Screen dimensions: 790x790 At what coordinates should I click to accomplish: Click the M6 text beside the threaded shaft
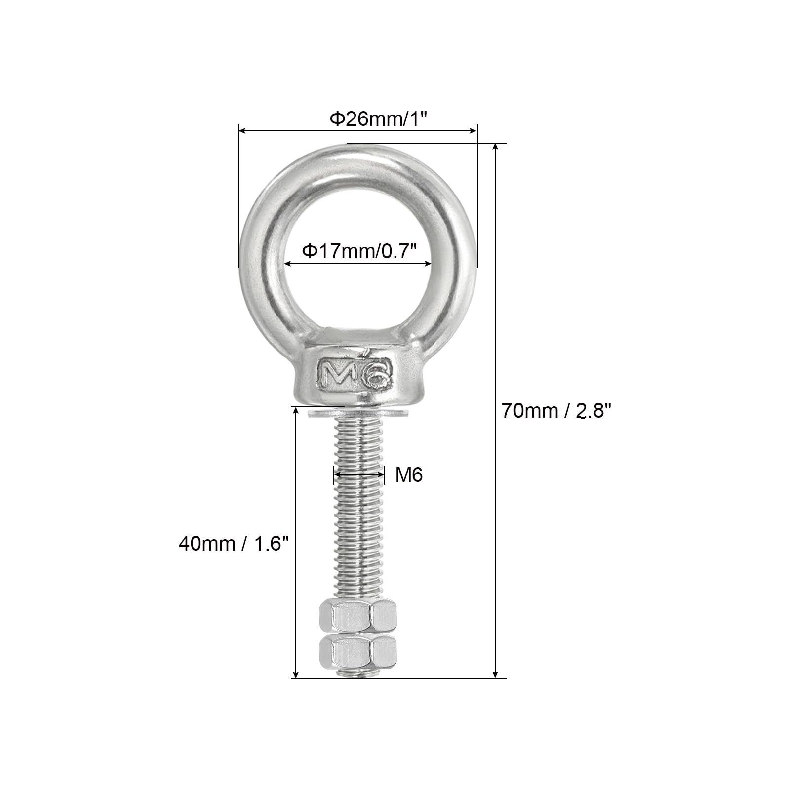[409, 475]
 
